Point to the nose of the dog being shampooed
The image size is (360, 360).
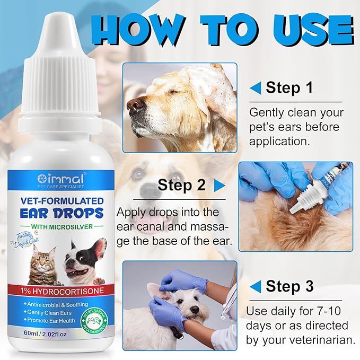pos(137,104)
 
